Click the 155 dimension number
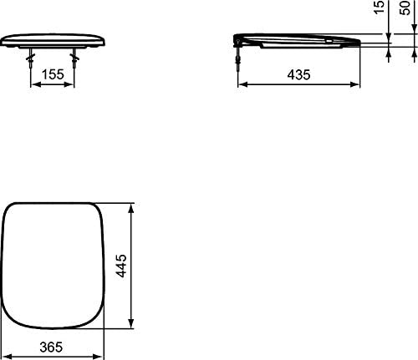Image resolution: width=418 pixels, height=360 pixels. tap(53, 74)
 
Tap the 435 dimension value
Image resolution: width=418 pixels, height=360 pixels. tap(298, 74)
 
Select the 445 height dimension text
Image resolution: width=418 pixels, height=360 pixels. tap(121, 266)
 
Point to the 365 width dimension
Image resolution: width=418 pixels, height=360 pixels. tap(51, 347)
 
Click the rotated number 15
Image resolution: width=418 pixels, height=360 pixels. tap(379, 7)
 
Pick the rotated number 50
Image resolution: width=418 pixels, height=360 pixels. tap(405, 8)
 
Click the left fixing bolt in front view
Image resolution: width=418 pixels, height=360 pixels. tap(30, 58)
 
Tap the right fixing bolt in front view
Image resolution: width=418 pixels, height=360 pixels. tap(74, 58)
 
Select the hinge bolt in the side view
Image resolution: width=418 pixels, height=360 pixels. tap(238, 58)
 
